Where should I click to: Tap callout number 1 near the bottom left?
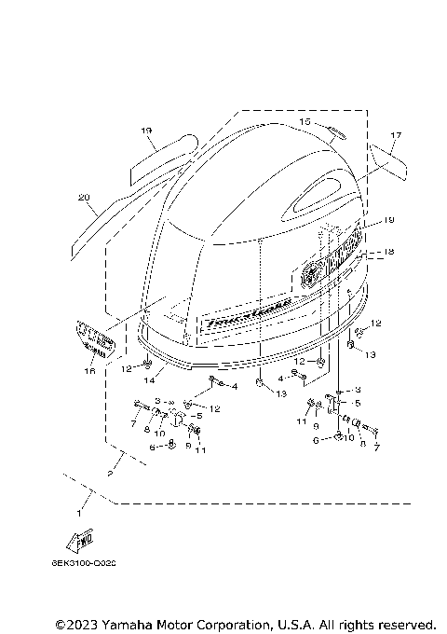[79, 512]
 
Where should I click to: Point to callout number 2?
[112, 475]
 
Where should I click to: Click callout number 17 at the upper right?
[395, 136]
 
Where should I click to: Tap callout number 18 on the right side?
[389, 252]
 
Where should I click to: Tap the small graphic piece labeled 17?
[391, 160]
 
